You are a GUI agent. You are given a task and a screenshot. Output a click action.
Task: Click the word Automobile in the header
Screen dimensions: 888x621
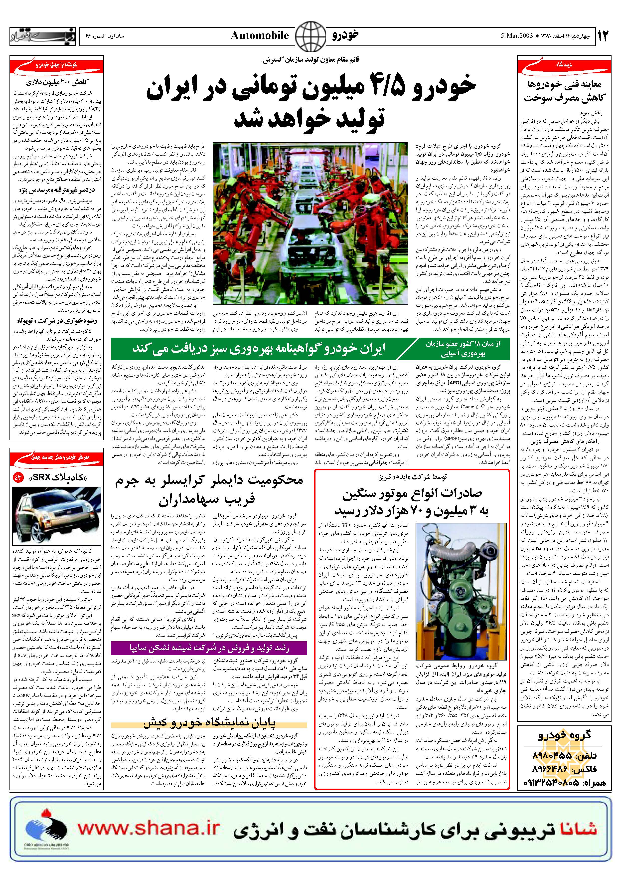pos(260,35)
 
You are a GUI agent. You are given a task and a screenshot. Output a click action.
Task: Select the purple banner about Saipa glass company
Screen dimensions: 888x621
pos(209,648)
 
